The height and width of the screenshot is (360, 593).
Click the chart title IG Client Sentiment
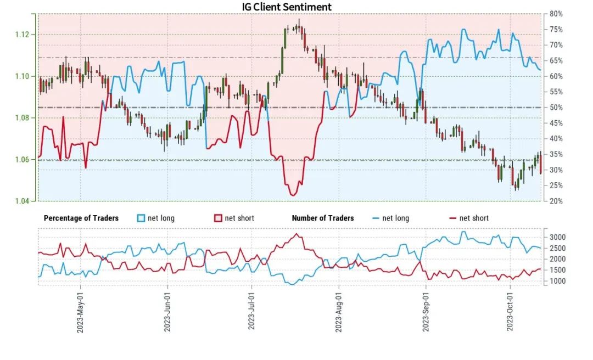click(287, 7)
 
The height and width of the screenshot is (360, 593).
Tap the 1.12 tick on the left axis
click(22, 35)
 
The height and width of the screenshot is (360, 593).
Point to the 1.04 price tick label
click(22, 201)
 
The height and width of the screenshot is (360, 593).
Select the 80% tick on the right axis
click(555, 14)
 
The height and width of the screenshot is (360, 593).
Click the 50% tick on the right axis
click(555, 108)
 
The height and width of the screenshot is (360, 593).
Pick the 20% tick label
click(555, 201)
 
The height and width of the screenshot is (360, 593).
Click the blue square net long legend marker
click(141, 218)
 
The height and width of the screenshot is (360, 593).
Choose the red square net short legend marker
click(218, 218)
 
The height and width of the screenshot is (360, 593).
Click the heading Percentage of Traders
click(81, 218)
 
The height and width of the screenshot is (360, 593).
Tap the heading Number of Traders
click(323, 218)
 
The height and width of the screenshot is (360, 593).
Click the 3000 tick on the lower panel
click(558, 237)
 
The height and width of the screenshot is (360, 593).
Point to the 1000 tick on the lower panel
click(558, 281)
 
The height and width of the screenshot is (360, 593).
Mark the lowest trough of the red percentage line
click(292, 195)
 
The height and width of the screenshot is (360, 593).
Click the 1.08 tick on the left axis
click(22, 117)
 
